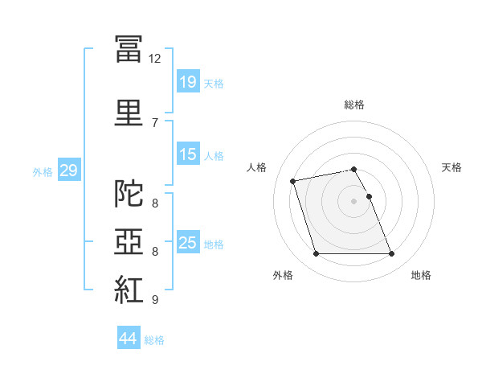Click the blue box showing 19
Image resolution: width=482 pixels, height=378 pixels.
[187, 82]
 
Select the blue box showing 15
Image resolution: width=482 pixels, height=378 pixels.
[187, 154]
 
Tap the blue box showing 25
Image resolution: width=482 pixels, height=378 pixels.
[187, 242]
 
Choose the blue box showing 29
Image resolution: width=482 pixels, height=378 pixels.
[68, 171]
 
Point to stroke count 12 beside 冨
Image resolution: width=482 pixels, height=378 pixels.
[155, 59]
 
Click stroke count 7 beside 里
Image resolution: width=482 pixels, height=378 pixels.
[154, 122]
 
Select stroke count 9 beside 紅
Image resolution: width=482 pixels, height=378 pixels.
[154, 300]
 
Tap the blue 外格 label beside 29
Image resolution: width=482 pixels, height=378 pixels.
[43, 171]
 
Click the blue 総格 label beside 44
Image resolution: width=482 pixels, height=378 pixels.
[154, 340]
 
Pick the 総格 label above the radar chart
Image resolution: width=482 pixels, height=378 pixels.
[354, 105]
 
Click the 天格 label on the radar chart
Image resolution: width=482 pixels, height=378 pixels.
[451, 167]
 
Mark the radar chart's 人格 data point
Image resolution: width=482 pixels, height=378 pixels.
[293, 180]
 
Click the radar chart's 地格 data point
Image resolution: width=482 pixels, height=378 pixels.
[391, 254]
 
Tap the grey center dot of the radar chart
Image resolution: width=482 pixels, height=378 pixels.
[354, 201]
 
